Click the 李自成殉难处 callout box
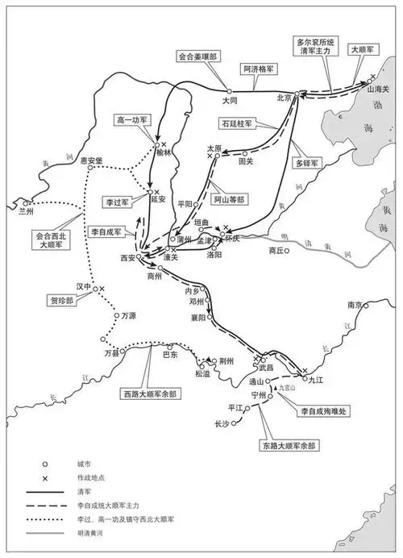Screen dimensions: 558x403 [x=322, y=412]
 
